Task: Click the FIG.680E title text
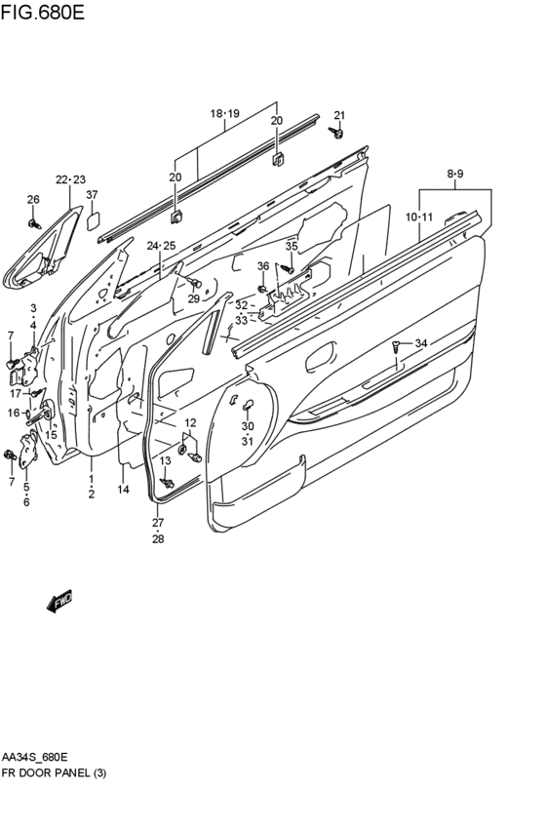point(42,12)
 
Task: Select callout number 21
point(339,115)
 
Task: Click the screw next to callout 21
point(336,132)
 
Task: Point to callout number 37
point(92,195)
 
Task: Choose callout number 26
point(33,200)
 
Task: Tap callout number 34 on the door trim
point(420,343)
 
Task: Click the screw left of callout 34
point(396,346)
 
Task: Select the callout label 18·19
point(225,113)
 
